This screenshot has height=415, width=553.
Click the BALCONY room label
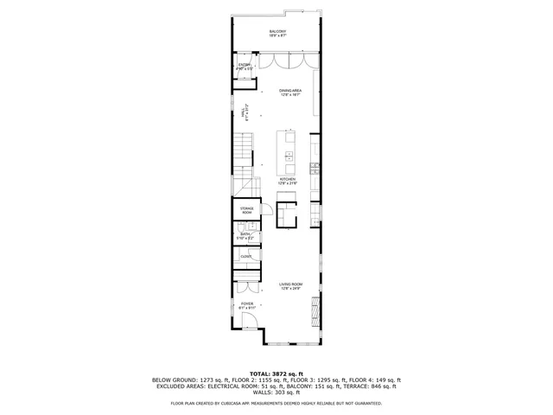(277, 33)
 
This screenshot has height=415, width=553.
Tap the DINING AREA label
(289, 92)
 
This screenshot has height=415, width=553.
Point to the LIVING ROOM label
(289, 286)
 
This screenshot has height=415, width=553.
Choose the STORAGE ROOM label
(246, 210)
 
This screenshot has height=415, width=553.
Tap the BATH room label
(245, 235)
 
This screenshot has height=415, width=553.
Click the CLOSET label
(246, 257)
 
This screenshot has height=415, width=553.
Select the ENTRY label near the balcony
(245, 66)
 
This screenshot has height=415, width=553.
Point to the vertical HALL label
(245, 112)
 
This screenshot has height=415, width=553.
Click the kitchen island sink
(288, 156)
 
